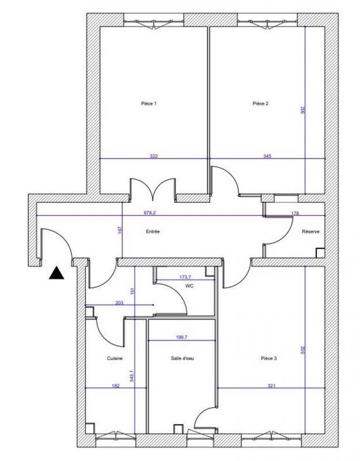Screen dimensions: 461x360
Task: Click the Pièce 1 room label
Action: (x=149, y=104)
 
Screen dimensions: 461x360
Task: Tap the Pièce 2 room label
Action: (x=260, y=104)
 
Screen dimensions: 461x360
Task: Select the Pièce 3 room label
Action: (x=268, y=358)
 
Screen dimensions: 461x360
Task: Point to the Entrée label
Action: (x=152, y=232)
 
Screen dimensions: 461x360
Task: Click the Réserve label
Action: (x=311, y=232)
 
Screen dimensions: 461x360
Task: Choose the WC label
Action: (x=189, y=286)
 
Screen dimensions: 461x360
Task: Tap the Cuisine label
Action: (x=115, y=358)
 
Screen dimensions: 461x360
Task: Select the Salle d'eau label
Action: (x=183, y=358)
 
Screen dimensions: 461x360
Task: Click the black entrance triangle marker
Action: (x=56, y=273)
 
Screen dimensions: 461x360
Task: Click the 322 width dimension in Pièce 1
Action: (x=154, y=156)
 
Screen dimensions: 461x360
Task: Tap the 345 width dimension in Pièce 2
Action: (x=268, y=156)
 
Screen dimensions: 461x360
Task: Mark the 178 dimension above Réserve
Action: (x=295, y=213)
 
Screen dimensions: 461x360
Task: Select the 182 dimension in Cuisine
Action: (x=116, y=386)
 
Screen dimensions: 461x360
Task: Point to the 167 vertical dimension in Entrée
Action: (x=120, y=230)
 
